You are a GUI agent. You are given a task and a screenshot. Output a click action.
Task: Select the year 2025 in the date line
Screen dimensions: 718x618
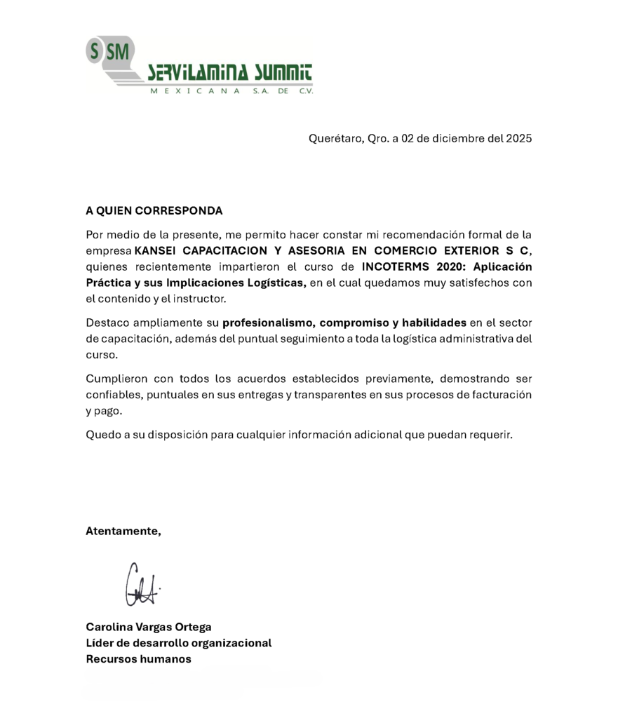(518, 138)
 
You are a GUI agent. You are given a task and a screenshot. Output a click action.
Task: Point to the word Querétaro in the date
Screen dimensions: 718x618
(335, 139)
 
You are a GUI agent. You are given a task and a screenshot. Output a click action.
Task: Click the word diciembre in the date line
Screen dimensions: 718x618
(456, 138)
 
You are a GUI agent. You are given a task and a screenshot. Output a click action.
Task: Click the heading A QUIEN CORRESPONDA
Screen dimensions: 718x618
(154, 210)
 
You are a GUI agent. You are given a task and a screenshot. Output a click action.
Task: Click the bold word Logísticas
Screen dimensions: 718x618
(276, 283)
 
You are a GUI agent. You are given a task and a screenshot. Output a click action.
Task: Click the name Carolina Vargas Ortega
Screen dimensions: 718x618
(148, 627)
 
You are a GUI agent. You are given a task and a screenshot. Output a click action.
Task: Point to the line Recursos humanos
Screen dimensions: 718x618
(138, 659)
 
